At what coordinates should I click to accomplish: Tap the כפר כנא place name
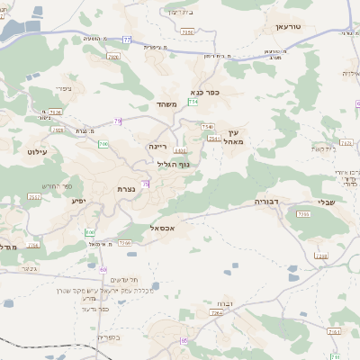(x=206, y=91)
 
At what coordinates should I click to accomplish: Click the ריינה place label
(x=158, y=144)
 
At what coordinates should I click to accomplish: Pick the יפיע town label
(x=78, y=200)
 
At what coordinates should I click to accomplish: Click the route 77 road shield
(x=127, y=40)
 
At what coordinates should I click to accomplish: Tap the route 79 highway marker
(x=118, y=121)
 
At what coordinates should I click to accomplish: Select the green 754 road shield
(x=193, y=103)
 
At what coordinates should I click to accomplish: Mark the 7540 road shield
(x=208, y=127)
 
